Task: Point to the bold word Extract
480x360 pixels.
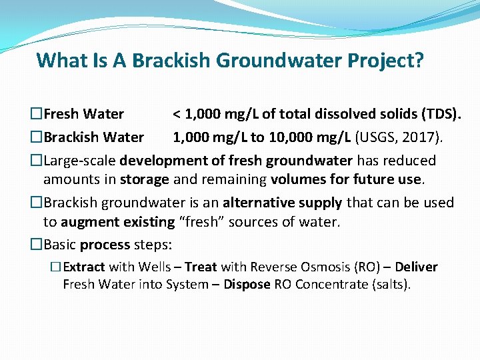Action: pos(84,267)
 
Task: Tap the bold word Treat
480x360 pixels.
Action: pos(201,267)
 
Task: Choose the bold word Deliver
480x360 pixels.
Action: pos(416,267)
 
